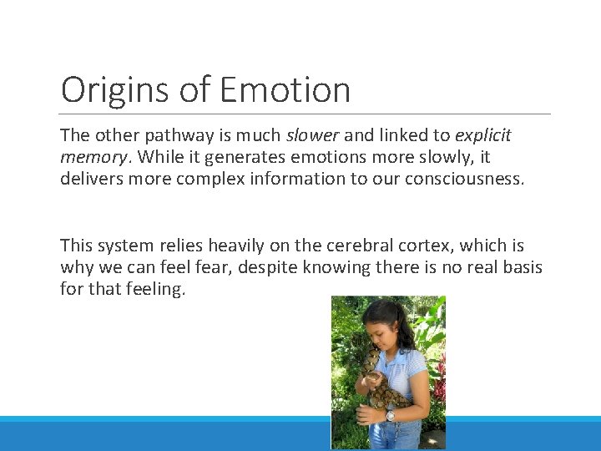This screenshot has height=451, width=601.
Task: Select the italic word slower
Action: click(x=312, y=134)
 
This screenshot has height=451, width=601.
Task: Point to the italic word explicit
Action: click(x=482, y=134)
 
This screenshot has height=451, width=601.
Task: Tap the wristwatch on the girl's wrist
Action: click(x=390, y=414)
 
